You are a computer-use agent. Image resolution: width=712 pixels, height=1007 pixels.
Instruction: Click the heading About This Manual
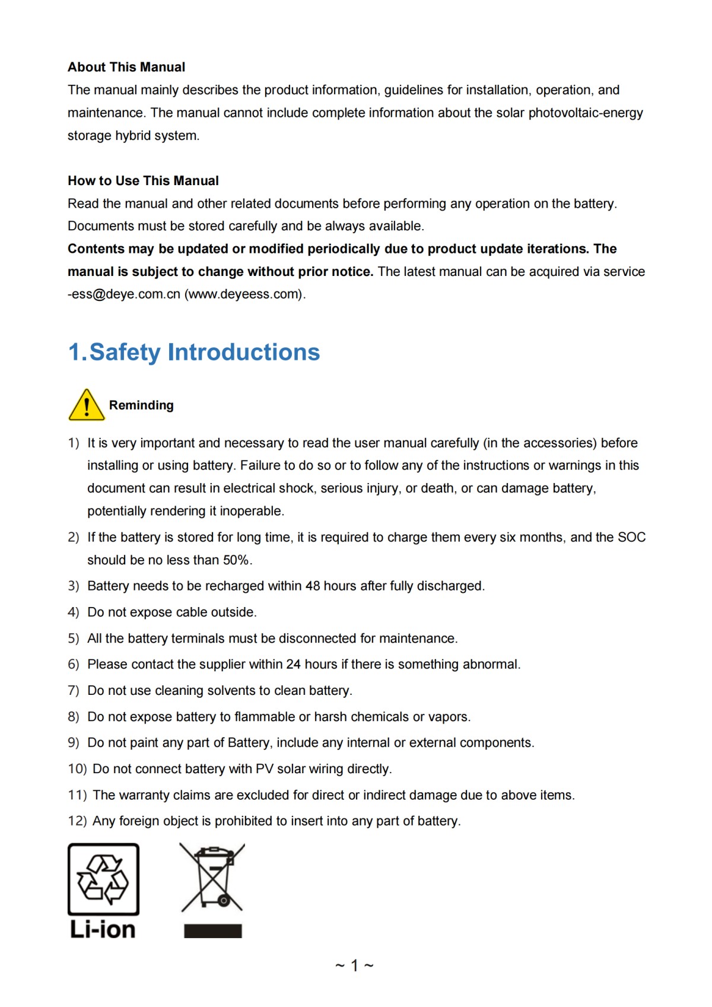pyautogui.click(x=126, y=67)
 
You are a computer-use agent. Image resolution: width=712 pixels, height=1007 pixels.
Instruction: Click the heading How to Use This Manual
pyautogui.click(x=143, y=181)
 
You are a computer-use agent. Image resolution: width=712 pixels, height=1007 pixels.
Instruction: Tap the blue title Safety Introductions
pyautogui.click(x=194, y=352)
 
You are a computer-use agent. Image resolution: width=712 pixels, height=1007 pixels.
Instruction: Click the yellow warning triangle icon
pyautogui.click(x=87, y=406)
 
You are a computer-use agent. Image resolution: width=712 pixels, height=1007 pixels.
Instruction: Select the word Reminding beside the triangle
pyautogui.click(x=141, y=405)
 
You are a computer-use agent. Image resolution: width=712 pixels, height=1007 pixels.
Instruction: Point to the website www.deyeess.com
pyautogui.click(x=244, y=294)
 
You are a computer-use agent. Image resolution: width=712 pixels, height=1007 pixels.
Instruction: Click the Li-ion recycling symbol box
pyautogui.click(x=103, y=879)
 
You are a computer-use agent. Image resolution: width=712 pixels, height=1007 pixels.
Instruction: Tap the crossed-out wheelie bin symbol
pyautogui.click(x=212, y=878)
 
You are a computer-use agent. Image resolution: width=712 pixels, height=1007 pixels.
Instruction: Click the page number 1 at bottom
pyautogui.click(x=354, y=965)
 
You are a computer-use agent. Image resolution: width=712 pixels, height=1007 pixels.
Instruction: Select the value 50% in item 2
pyautogui.click(x=236, y=560)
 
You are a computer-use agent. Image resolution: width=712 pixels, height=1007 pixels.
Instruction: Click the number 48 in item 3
pyautogui.click(x=313, y=586)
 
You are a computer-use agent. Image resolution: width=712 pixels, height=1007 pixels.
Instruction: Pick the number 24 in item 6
pyautogui.click(x=293, y=665)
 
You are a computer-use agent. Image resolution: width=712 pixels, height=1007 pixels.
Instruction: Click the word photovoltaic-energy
pyautogui.click(x=586, y=113)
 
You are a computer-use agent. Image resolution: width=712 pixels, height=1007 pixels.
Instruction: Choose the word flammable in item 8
pyautogui.click(x=264, y=717)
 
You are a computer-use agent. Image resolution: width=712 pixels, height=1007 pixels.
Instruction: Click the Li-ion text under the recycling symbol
pyautogui.click(x=103, y=929)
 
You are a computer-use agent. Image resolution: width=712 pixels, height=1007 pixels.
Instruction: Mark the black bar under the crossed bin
pyautogui.click(x=212, y=931)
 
